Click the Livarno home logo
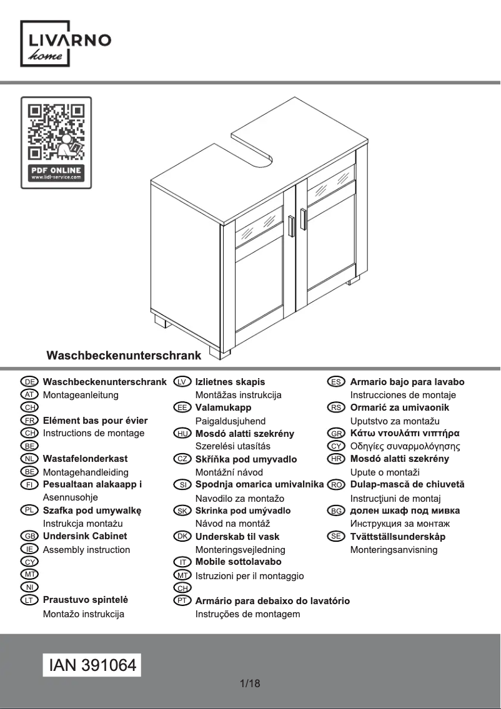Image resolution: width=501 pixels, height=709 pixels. click(66, 44)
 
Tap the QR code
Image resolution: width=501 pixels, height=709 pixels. click(56, 132)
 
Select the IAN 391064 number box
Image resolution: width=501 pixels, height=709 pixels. click(92, 665)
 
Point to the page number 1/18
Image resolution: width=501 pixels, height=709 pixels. click(250, 683)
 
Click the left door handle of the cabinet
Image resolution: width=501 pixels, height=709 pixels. click(291, 226)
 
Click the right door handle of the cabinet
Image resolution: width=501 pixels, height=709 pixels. click(302, 219)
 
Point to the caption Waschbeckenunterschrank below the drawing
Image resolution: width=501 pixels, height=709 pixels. click(124, 355)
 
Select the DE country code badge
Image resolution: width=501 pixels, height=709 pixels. click(29, 381)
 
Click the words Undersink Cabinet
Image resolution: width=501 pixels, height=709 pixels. click(85, 536)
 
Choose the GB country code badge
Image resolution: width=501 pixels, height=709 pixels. click(29, 536)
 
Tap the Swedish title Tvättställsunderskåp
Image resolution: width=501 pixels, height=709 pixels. click(398, 537)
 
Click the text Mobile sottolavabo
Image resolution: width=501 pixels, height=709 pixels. click(239, 562)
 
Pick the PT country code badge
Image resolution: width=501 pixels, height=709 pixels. click(182, 601)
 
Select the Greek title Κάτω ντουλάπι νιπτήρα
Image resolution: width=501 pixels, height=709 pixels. click(405, 433)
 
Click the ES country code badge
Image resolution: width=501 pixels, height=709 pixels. click(336, 381)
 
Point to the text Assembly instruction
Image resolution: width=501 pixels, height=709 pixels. click(86, 550)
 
